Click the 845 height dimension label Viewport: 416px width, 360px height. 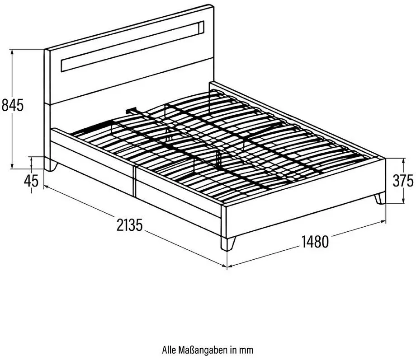click(x=13, y=105)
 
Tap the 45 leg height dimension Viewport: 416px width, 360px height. click(x=31, y=181)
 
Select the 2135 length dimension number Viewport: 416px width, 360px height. click(x=129, y=225)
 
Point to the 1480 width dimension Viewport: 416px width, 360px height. click(x=315, y=242)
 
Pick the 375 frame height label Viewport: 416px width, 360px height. click(x=403, y=181)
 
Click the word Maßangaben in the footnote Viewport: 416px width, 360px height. click(x=203, y=350)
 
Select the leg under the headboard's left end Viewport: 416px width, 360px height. click(x=51, y=165)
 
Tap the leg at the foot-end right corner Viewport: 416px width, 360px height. click(x=380, y=198)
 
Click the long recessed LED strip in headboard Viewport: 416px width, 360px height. click(x=132, y=47)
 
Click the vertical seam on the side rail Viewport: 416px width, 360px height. click(x=134, y=181)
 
